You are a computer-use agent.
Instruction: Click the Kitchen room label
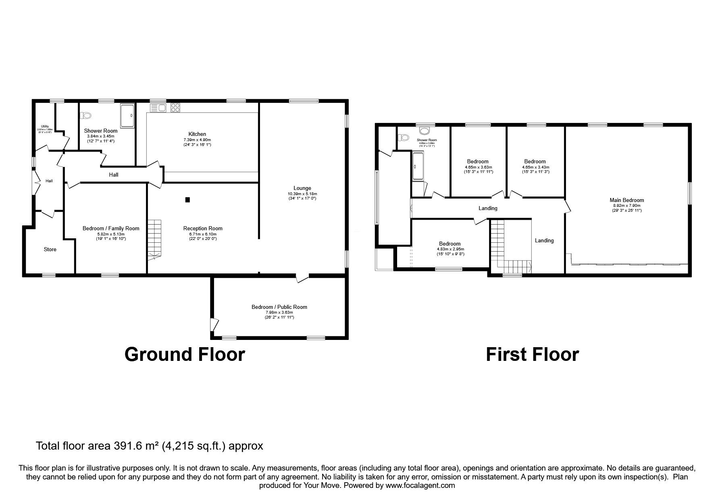[x=197, y=134]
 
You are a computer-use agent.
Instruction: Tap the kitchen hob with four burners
[x=175, y=108]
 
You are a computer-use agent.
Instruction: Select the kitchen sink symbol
[x=158, y=108]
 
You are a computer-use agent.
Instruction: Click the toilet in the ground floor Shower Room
[x=86, y=116]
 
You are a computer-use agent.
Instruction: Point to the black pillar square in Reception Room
[x=187, y=200]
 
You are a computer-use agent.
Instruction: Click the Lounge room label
[x=302, y=188]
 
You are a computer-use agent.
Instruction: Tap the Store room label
[x=50, y=249]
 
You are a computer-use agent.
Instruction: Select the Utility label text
[x=45, y=126]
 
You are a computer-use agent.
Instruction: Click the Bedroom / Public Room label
[x=279, y=307]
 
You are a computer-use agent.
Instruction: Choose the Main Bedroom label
[x=627, y=200]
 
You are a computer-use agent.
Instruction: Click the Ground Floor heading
[x=185, y=354]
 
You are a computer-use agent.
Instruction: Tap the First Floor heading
[x=532, y=354]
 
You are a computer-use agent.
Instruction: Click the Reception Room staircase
[x=154, y=238]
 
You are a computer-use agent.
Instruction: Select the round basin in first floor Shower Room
[x=424, y=130]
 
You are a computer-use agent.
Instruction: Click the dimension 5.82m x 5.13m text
[x=110, y=234]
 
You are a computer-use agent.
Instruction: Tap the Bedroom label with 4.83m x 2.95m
[x=450, y=244]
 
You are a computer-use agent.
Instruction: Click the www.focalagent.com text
[x=420, y=485]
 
